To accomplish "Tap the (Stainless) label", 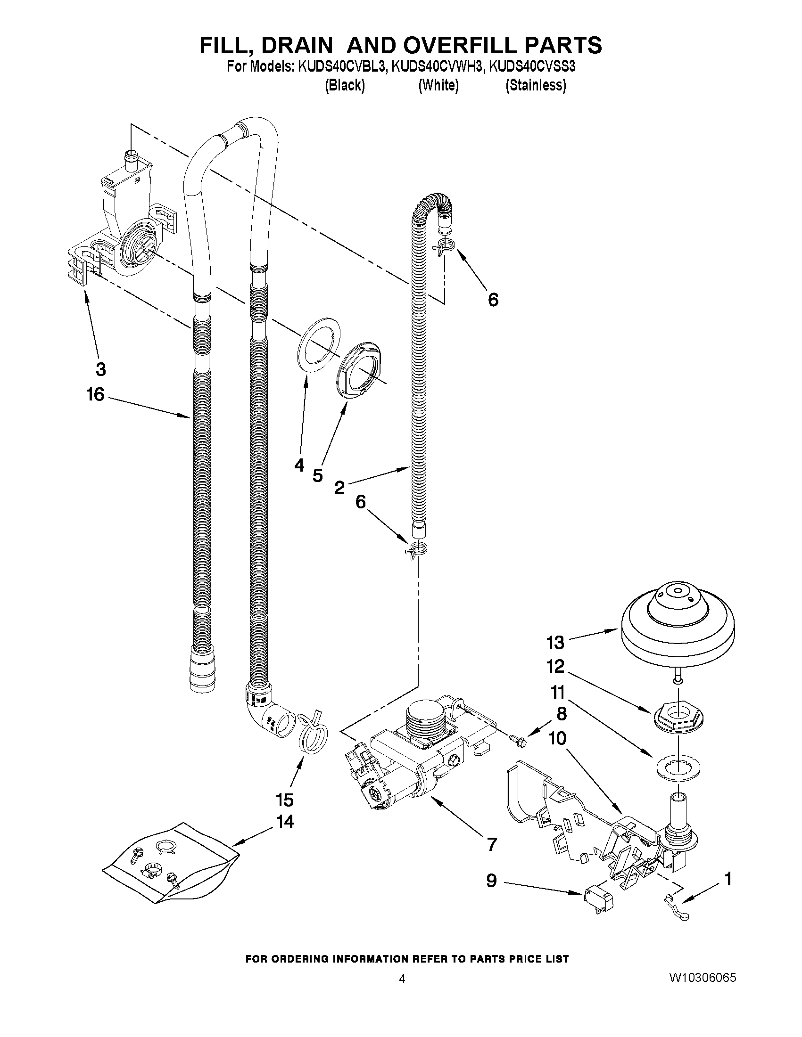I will pyautogui.click(x=536, y=85).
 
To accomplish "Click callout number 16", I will pyautogui.click(x=95, y=394).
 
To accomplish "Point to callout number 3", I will pyautogui.click(x=100, y=369).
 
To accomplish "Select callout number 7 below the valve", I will pyautogui.click(x=492, y=844).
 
